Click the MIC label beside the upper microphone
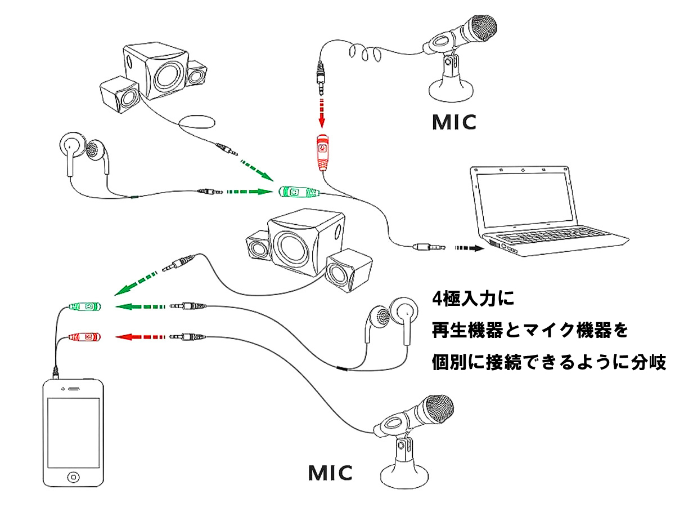[454, 122]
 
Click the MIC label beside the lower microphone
[330, 473]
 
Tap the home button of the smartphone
[73, 477]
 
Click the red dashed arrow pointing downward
[321, 113]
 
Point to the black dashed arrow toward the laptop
[470, 247]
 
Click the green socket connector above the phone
[85, 307]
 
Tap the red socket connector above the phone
[85, 337]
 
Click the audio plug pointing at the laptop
[429, 247]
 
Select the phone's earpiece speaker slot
[73, 388]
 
